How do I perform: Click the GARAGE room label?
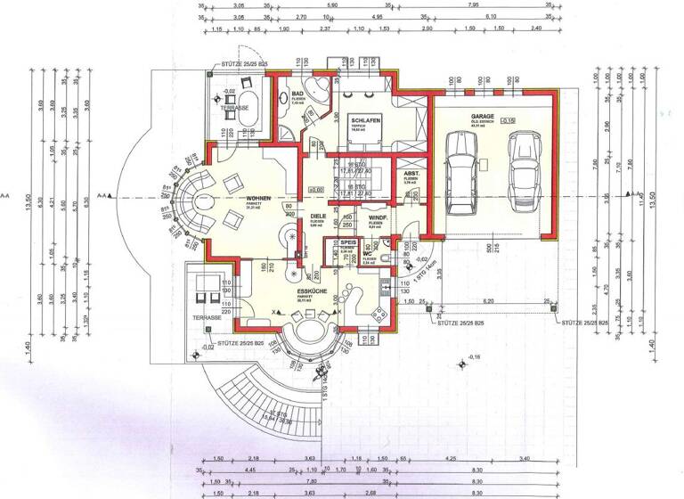[482, 117]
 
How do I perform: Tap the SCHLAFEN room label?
[366, 120]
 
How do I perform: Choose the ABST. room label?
[411, 174]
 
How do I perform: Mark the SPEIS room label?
[347, 242]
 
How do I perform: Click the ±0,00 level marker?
[314, 189]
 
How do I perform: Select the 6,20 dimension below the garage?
[489, 302]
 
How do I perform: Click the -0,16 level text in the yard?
[473, 356]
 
